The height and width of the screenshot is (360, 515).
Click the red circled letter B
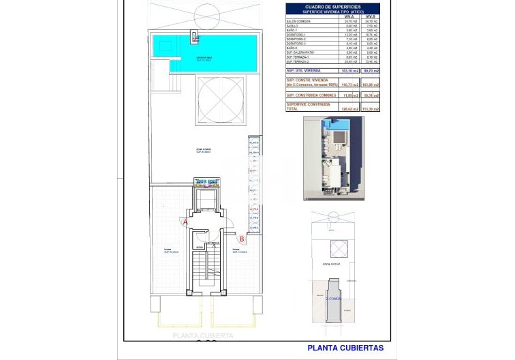pos(242,238)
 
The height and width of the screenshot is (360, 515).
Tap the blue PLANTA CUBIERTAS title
pos(345,347)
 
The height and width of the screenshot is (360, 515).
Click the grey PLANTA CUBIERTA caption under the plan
pos(203,335)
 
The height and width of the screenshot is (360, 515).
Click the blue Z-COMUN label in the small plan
pos(333,298)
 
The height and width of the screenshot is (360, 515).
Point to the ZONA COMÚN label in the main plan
pos(203,150)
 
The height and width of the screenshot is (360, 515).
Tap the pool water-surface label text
pos(204,58)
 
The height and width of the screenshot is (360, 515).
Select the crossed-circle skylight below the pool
pos(219,99)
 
